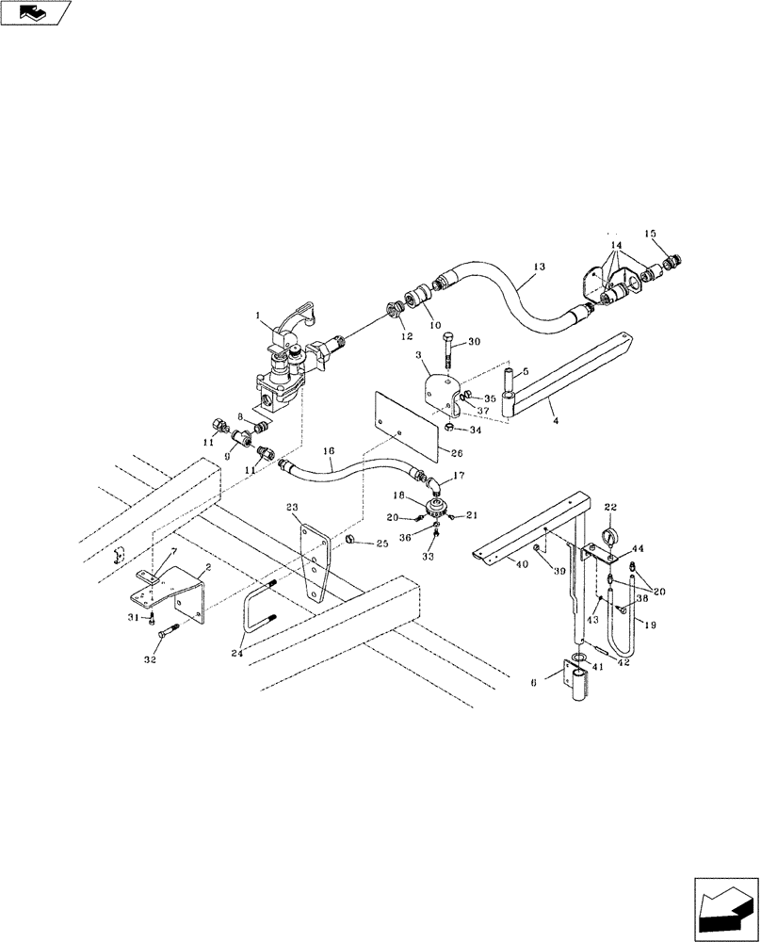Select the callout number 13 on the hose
pos(538,268)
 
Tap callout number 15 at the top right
pos(649,233)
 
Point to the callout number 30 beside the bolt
pos(473,341)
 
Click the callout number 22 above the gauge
pos(610,507)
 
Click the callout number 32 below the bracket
pos(148,661)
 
